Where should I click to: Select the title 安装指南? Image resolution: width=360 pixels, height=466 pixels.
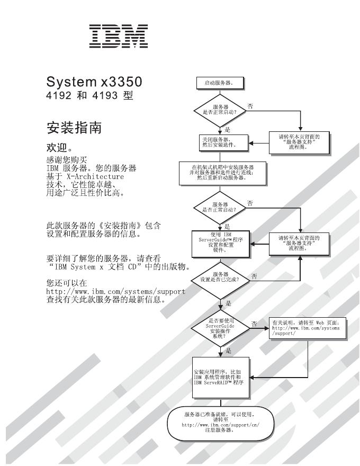(73, 127)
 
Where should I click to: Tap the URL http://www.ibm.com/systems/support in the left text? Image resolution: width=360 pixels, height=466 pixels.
(115, 291)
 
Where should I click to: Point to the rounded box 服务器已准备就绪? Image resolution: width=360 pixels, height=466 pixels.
(219, 422)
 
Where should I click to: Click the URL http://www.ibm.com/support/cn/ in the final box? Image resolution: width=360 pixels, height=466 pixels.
(219, 425)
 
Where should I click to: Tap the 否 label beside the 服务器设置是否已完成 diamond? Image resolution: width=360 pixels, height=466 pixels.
(255, 276)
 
